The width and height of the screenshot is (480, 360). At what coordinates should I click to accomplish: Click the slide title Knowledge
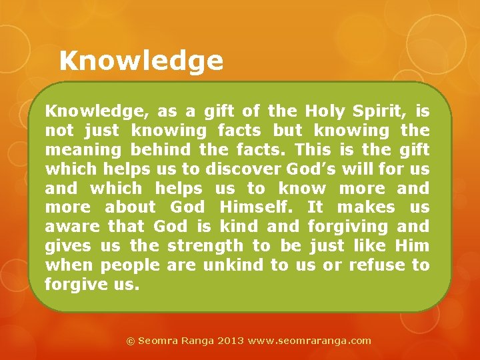pyautogui.click(x=141, y=61)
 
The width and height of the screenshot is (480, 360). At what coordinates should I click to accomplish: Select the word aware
pyautogui.click(x=71, y=227)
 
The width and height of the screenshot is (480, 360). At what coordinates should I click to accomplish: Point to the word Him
pyautogui.click(x=412, y=246)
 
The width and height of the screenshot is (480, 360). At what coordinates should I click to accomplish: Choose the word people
pyautogui.click(x=130, y=265)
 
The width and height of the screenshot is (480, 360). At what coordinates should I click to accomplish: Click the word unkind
pyautogui.click(x=233, y=265)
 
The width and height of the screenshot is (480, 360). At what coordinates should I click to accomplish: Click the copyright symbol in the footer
pyautogui.click(x=131, y=341)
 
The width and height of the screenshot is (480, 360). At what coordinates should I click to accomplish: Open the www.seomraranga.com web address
pyautogui.click(x=309, y=341)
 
